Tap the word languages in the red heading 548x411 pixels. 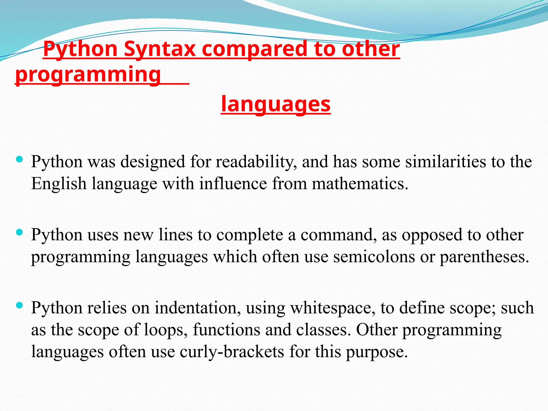[x=276, y=104]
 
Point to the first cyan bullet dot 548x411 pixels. [x=19, y=160]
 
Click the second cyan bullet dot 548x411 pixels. [x=19, y=232]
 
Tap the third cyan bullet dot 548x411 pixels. [x=19, y=305]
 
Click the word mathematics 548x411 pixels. [x=360, y=184]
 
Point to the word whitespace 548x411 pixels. [x=333, y=308]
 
